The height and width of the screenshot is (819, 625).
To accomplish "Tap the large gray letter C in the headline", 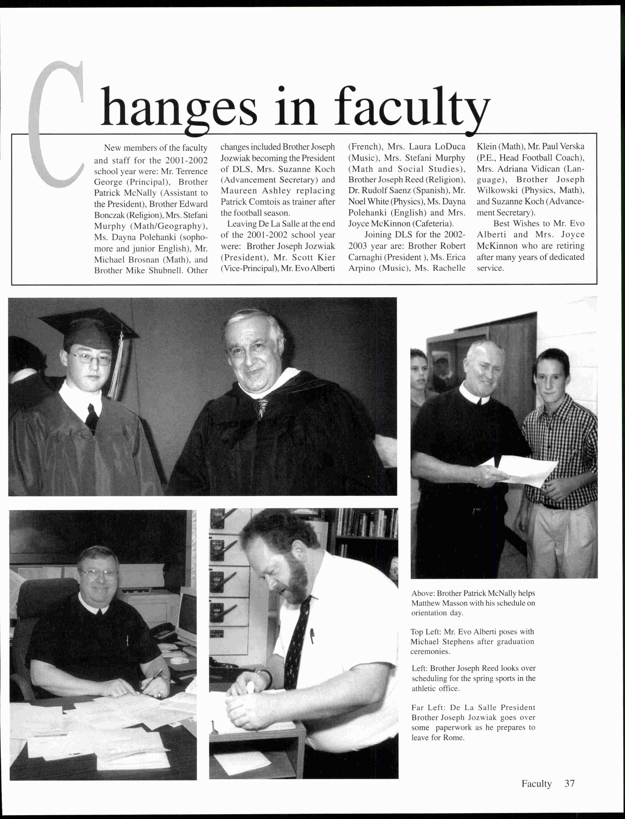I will (x=56, y=127).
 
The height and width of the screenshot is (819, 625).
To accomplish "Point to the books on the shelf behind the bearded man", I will (x=367, y=523).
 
